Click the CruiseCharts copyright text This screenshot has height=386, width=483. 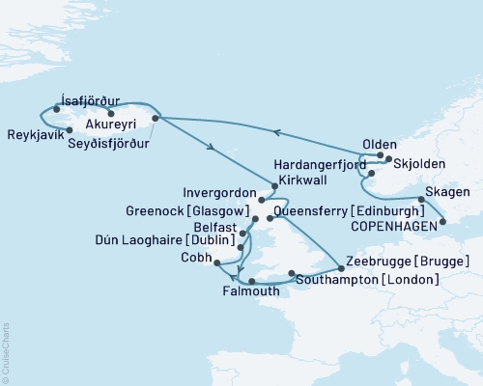(6, 346)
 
